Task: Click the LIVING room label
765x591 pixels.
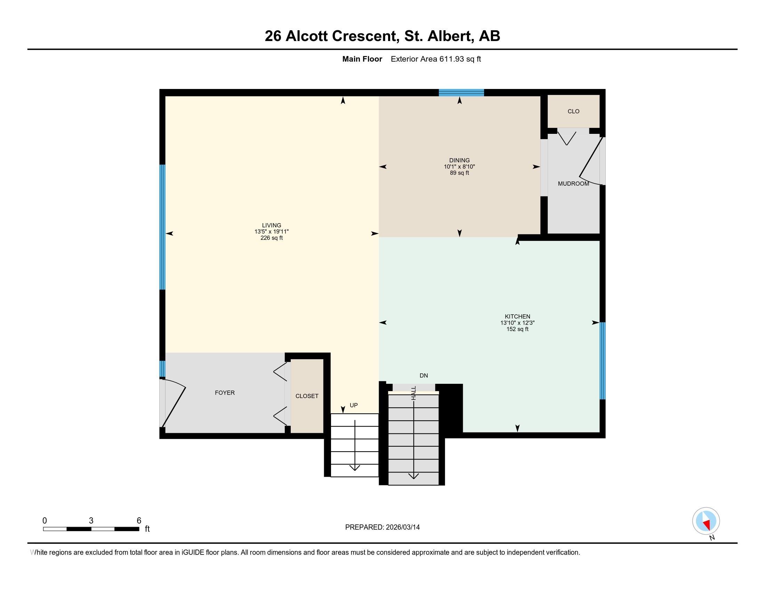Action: (272, 225)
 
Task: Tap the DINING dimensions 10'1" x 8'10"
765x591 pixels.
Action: (459, 167)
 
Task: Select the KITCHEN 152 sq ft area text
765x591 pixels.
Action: (517, 329)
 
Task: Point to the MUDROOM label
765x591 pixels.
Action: (573, 184)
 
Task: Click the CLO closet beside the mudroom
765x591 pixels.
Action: (573, 111)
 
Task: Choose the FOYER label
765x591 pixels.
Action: (225, 392)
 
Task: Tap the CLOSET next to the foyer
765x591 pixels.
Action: (307, 396)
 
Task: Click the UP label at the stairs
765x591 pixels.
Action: (354, 405)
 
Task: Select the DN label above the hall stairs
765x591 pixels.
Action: (424, 375)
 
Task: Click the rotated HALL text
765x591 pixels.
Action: (414, 393)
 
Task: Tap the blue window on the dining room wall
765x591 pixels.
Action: (461, 92)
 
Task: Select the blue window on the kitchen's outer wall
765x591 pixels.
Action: (603, 361)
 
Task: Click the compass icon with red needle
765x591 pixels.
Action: (706, 521)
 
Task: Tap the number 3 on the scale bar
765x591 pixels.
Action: (91, 520)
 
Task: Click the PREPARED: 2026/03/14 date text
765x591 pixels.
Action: (382, 527)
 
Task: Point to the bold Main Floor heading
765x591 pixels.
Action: (362, 59)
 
